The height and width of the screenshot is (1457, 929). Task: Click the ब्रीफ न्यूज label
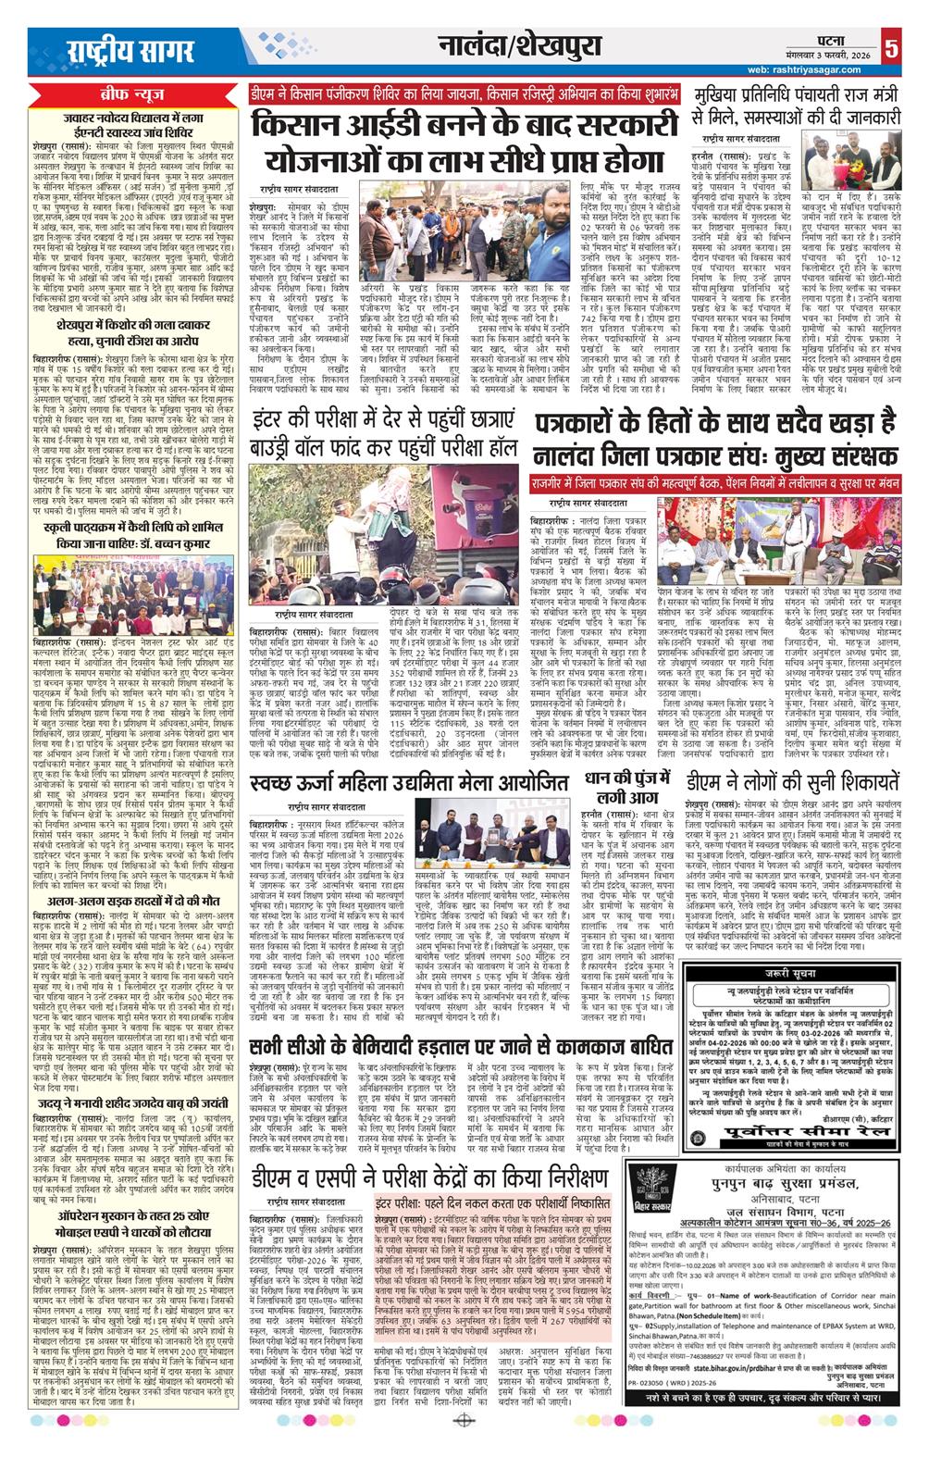(x=128, y=96)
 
